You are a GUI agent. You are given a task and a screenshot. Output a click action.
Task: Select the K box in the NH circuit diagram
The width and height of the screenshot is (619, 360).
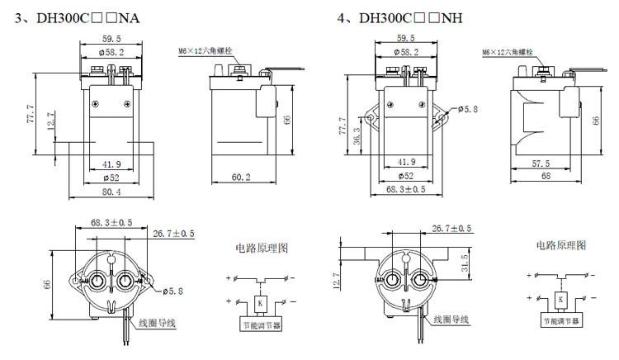561,298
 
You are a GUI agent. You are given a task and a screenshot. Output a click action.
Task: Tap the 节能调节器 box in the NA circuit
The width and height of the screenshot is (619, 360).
258,324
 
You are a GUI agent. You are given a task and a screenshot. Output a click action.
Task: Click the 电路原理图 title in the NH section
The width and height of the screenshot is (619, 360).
562,246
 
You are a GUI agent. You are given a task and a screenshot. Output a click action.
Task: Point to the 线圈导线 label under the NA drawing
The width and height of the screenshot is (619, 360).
158,321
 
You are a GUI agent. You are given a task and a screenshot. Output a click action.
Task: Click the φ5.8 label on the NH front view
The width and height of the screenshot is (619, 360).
468,108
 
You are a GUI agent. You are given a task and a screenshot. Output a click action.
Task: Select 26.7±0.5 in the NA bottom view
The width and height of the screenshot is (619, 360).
173,234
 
